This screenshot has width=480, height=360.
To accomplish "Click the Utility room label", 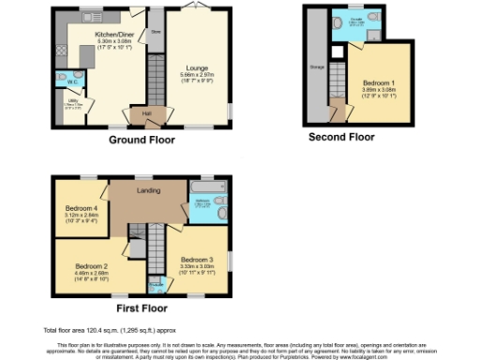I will click(x=72, y=100).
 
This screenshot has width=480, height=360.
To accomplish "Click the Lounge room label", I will click(x=198, y=67).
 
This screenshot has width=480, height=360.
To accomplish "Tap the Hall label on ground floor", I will click(x=146, y=113).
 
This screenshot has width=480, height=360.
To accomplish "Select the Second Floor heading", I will click(x=341, y=137).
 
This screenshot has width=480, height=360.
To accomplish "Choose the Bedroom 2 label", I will click(x=93, y=266).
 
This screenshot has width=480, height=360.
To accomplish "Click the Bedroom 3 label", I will click(x=197, y=259).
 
